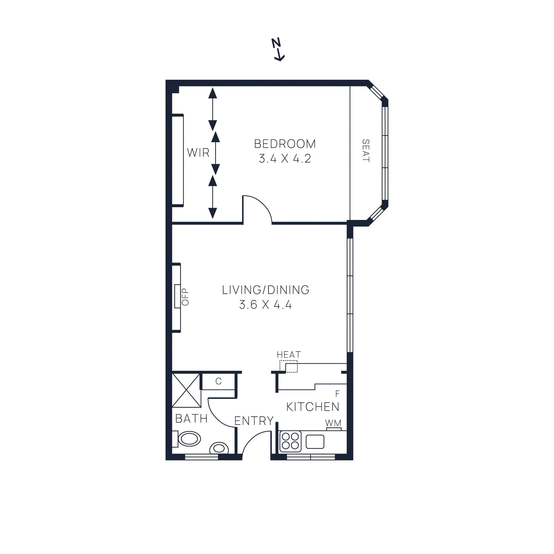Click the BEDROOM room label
tap(285, 144)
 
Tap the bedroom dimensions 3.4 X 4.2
tap(285, 159)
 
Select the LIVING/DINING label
tap(266, 290)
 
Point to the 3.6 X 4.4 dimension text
tap(266, 305)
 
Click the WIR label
tap(198, 152)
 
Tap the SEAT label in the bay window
tap(366, 151)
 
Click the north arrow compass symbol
tap(278, 50)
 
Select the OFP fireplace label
tap(185, 297)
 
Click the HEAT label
tap(288, 355)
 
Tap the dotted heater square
tap(289, 366)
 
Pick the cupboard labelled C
tap(218, 381)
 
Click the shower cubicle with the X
tap(186, 390)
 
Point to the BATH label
tap(191, 419)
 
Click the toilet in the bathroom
tap(219, 448)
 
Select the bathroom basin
tap(189, 439)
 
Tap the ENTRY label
tap(254, 421)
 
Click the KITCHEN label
tap(313, 407)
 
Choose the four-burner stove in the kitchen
tap(291, 441)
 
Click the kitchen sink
tap(315, 441)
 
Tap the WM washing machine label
tap(333, 423)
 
